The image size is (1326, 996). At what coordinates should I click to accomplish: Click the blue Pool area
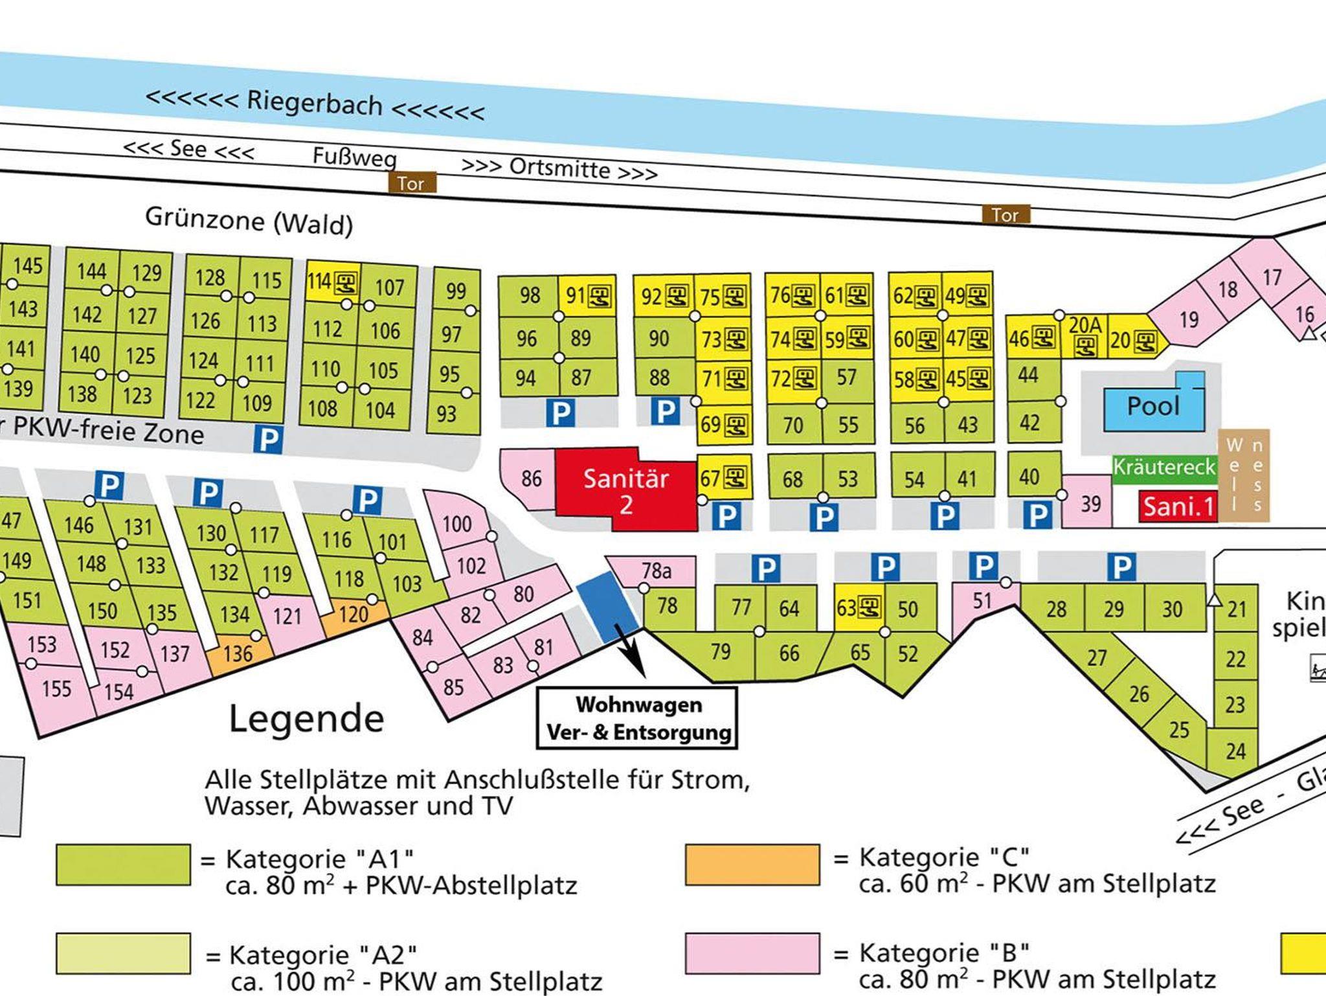click(x=1153, y=407)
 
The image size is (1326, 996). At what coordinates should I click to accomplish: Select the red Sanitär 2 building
click(x=625, y=490)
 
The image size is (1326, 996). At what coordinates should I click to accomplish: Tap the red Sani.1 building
click(x=1178, y=506)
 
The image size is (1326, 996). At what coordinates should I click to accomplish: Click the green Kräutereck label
click(x=1164, y=467)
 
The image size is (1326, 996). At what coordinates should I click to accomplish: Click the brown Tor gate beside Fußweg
click(x=412, y=183)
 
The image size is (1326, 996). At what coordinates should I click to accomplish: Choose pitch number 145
click(x=28, y=266)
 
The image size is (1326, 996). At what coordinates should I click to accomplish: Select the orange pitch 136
click(x=237, y=653)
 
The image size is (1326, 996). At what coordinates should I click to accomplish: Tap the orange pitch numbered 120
click(x=353, y=614)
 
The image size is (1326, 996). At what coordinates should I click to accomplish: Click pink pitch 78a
click(x=656, y=571)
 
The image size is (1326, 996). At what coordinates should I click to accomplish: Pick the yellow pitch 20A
click(x=1085, y=335)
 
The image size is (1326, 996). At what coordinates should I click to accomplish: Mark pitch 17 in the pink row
click(x=1272, y=277)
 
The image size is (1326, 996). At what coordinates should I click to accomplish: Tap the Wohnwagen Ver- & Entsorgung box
click(x=638, y=719)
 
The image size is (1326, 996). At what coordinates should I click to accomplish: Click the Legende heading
click(x=306, y=719)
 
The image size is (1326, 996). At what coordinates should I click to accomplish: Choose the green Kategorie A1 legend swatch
click(x=123, y=865)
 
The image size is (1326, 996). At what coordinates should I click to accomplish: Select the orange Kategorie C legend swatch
click(x=752, y=865)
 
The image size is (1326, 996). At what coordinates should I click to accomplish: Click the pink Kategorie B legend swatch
click(x=752, y=953)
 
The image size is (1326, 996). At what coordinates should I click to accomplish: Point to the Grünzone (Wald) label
click(x=249, y=221)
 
